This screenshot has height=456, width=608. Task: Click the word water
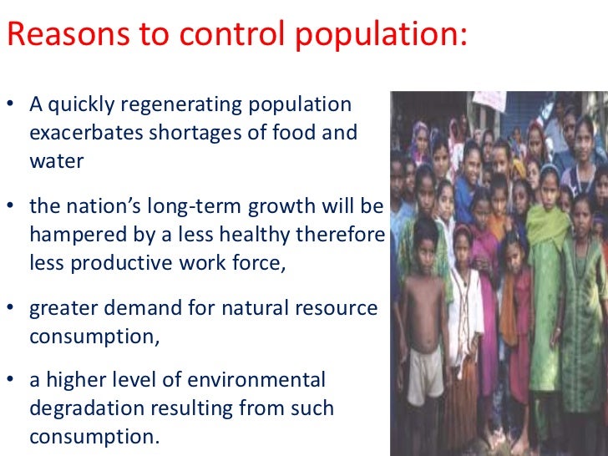pyautogui.click(x=56, y=160)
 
